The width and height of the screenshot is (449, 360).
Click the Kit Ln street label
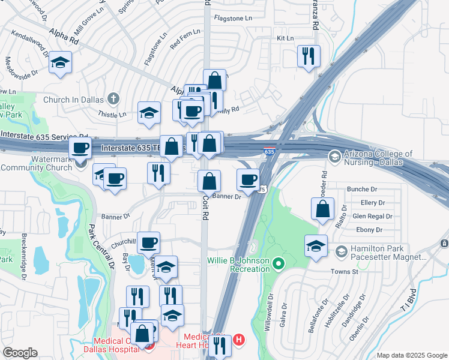(x=285, y=38)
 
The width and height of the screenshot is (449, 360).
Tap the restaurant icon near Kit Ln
(x=309, y=56)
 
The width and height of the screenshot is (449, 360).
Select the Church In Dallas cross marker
(x=115, y=99)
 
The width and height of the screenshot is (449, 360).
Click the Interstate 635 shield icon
(x=270, y=152)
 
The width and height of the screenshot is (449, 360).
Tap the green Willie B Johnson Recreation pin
(x=278, y=263)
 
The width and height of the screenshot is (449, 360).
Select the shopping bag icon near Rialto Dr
(x=323, y=208)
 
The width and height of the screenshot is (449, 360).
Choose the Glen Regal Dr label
(x=372, y=216)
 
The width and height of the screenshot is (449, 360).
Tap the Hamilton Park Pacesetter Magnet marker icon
(x=342, y=250)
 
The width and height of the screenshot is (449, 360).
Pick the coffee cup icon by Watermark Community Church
(x=80, y=148)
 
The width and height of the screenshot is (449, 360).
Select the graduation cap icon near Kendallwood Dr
(x=61, y=63)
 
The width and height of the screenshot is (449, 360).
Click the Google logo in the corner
(x=20, y=353)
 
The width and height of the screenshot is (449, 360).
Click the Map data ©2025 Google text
(x=411, y=355)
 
